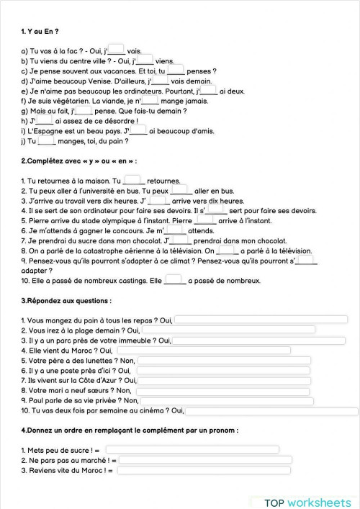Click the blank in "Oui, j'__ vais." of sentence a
pyautogui.click(x=117, y=50)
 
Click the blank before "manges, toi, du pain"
pyautogui.click(x=47, y=141)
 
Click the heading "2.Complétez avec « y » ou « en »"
pyautogui.click(x=79, y=160)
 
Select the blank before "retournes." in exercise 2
pyautogui.click(x=132, y=180)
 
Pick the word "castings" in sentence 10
pyautogui.click(x=129, y=280)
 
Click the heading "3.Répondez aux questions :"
pyautogui.click(x=66, y=299)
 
